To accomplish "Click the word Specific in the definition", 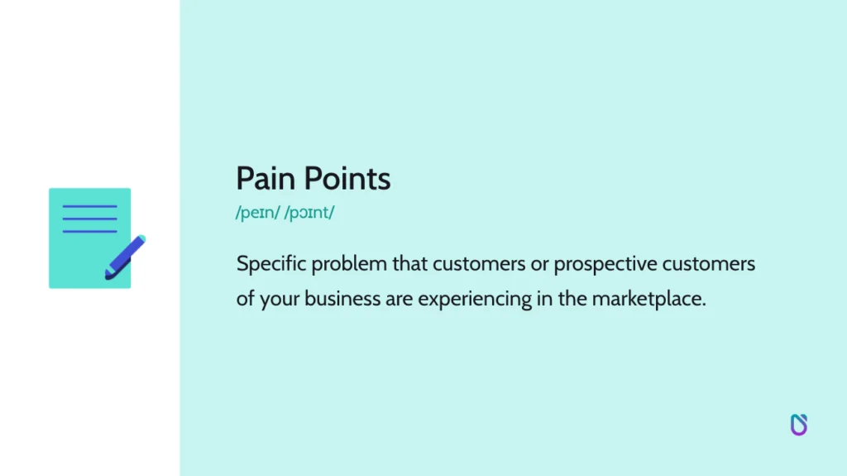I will (270, 264).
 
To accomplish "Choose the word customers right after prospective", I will (714, 264).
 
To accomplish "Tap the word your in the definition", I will (280, 299).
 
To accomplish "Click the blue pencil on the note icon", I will (125, 257).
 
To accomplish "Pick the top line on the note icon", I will (89, 206).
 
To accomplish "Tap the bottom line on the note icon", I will (89, 231).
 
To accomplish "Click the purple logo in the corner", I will (798, 425).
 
